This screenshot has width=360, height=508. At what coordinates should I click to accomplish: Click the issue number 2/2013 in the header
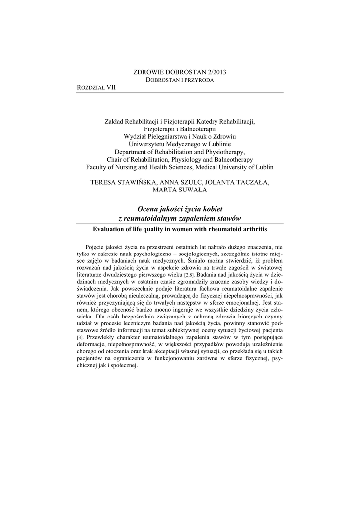pyautogui.click(x=215, y=72)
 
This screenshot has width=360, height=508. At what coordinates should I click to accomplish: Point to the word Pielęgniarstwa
pyautogui.click(x=173, y=136)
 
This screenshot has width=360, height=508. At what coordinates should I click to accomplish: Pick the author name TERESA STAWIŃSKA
pyautogui.click(x=124, y=183)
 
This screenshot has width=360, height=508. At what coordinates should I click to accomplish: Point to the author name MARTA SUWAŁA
pyautogui.click(x=180, y=190)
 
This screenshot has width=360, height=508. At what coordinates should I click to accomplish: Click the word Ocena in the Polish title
pyautogui.click(x=147, y=210)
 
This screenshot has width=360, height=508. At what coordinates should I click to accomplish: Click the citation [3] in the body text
pyautogui.click(x=80, y=338)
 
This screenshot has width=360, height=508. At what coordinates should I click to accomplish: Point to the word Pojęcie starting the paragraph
pyautogui.click(x=96, y=247)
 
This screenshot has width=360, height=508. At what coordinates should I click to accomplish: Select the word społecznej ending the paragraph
pyautogui.click(x=124, y=366)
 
